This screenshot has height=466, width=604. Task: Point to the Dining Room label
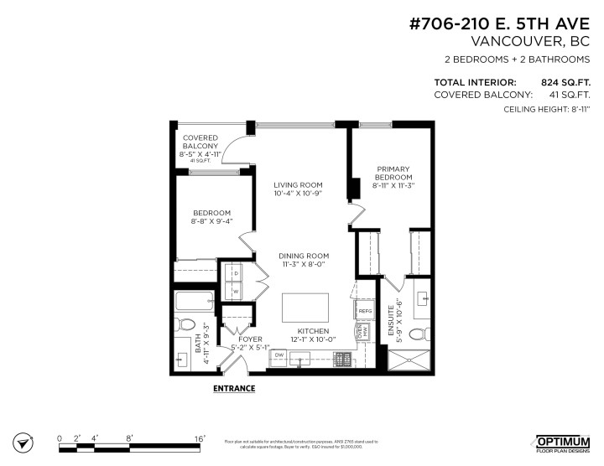pos(304,260)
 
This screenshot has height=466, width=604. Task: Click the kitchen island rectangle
pos(309,307)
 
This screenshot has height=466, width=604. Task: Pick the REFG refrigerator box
pos(365,311)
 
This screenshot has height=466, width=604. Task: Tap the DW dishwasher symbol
pos(280,355)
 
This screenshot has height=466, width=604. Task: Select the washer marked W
pos(236,292)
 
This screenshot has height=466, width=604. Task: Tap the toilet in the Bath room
pos(187,325)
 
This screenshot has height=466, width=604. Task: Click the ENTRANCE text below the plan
pos(234,389)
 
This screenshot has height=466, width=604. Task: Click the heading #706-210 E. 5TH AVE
pos(501,24)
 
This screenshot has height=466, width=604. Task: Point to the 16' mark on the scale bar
pos(199,438)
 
